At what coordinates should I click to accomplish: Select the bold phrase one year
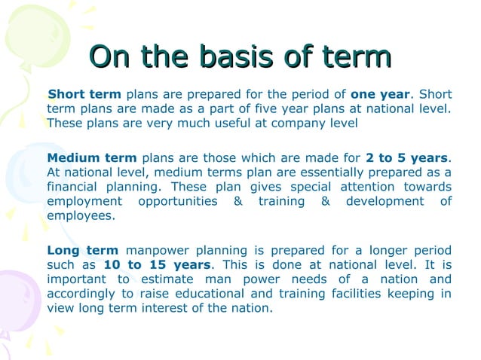pos(381,94)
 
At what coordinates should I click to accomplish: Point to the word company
pos(293,123)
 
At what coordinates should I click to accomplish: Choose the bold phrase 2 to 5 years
pos(406,158)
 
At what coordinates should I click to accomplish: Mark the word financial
pos(72,187)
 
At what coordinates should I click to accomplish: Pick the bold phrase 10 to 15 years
pos(158,265)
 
